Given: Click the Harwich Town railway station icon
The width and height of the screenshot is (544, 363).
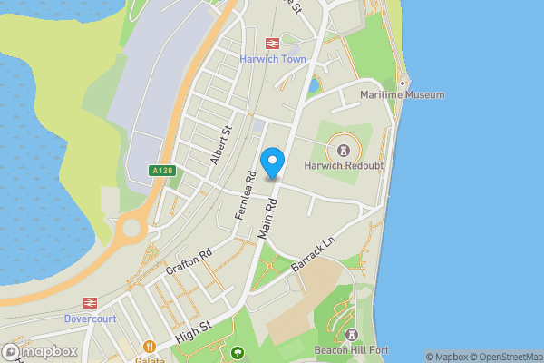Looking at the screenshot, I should [271, 43].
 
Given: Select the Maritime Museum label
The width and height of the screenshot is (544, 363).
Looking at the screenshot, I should [403, 94].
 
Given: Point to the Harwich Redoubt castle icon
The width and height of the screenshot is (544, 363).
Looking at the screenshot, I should [343, 150].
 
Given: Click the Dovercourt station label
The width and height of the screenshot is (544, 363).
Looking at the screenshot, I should [91, 319].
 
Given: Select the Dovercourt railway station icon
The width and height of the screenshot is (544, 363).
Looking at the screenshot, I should [91, 303].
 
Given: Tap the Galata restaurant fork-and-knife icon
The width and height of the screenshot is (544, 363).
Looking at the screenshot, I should [150, 346].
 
